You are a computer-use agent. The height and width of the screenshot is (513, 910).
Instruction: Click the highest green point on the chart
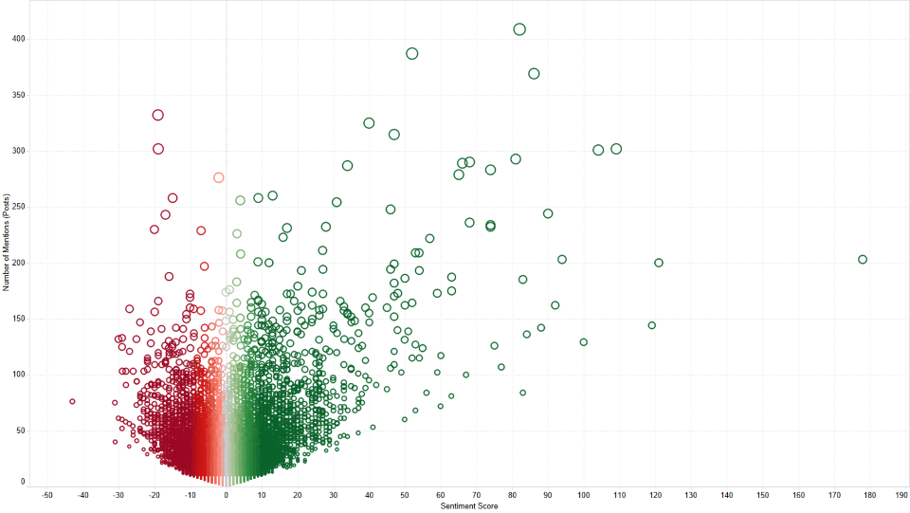coord(519,24)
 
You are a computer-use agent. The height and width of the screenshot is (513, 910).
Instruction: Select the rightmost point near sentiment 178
coord(863,255)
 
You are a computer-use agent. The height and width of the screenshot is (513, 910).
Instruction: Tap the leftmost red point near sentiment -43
coord(73,398)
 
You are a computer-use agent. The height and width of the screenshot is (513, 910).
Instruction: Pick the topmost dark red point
coord(158,110)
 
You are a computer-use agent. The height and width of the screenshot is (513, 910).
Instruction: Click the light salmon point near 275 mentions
coord(218,173)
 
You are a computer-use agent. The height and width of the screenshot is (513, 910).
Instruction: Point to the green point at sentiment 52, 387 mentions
coord(412,48)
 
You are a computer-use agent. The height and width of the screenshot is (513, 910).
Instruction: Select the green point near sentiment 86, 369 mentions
coord(534,68)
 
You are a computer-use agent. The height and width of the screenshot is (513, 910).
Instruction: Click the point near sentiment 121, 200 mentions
coord(659,259)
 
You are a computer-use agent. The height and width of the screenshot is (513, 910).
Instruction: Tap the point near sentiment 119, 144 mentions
coord(652,322)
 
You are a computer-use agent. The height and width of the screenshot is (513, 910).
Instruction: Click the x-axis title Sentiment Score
coord(469,506)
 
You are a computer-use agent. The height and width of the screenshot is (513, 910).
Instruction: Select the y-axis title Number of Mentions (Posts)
coord(7,243)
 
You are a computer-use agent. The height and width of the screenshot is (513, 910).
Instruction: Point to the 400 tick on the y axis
coord(19,39)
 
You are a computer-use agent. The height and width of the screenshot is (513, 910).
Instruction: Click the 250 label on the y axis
coord(19,207)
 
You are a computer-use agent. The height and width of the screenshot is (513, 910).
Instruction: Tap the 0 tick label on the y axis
coord(23,481)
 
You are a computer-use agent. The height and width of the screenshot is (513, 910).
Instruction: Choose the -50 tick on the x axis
coord(47,495)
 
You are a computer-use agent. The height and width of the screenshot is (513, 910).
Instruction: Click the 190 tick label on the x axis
coord(901,495)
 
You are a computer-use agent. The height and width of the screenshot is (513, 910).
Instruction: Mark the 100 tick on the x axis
coord(583,495)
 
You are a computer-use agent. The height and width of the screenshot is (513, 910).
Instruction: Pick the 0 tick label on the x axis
coord(226,495)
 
